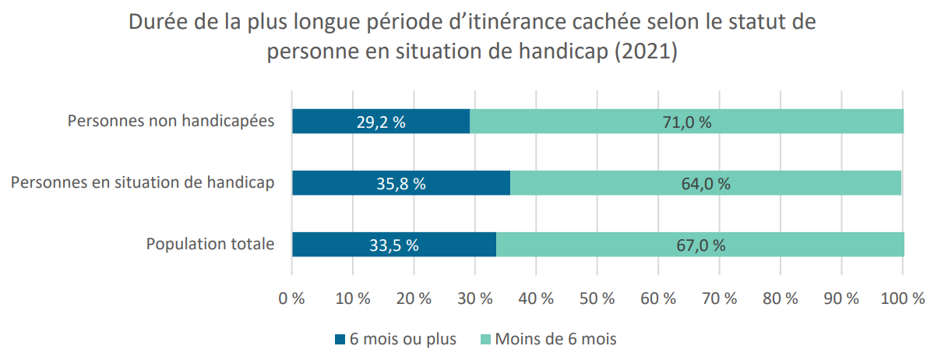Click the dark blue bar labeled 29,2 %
coord(381,122)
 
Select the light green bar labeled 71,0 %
coord(687,122)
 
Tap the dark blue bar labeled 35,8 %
coord(401,183)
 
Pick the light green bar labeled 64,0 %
coord(706,183)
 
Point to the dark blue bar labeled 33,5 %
coord(394,244)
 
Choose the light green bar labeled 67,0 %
coord(700,244)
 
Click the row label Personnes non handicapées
coord(171,121)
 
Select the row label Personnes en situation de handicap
coord(143,183)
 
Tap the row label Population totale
coord(210,244)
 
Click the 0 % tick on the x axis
coord(291,298)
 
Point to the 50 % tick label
coord(597,298)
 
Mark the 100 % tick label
coord(902,298)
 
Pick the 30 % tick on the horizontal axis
coord(474,298)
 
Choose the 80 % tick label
coord(780,298)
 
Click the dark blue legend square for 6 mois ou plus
coord(340,340)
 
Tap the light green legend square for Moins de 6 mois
coord(485,340)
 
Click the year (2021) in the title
coord(646,51)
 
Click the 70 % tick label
coord(719,298)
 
